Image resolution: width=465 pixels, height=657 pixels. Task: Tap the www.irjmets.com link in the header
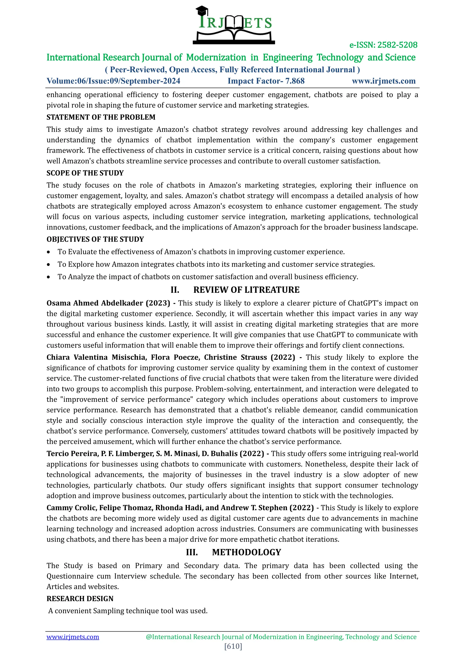tap(383, 81)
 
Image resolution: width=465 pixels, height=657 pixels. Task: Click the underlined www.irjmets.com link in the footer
tap(73, 637)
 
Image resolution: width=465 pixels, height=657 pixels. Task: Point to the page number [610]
tap(233, 646)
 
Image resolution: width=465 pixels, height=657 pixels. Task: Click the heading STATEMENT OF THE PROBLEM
tap(101, 117)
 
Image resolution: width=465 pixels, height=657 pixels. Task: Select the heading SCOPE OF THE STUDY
tap(85, 173)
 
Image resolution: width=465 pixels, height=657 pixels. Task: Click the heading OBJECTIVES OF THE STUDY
tap(95, 239)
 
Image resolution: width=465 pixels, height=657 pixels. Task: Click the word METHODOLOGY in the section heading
tap(246, 552)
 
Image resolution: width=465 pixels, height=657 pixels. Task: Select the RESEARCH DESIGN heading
tap(80, 599)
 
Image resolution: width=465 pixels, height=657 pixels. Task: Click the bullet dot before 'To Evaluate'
tap(49, 252)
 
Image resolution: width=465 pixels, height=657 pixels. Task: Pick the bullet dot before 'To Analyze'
tap(49, 277)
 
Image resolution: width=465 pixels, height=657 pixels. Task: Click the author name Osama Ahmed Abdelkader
tap(95, 303)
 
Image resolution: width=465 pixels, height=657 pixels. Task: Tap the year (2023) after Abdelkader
tap(158, 303)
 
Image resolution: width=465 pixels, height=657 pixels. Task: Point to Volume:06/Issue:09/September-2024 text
tap(113, 81)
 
